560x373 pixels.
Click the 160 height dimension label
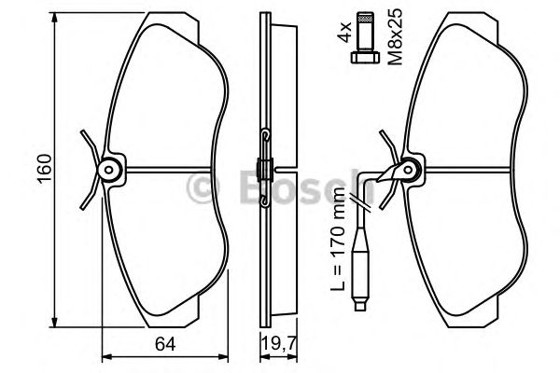(x=46, y=169)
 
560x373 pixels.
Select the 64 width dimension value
(x=165, y=345)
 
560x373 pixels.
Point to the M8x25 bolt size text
(x=396, y=36)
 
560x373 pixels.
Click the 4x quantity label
(x=345, y=32)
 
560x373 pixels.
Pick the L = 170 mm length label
(x=338, y=238)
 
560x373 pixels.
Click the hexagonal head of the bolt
(x=365, y=58)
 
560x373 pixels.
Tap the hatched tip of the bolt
(x=365, y=17)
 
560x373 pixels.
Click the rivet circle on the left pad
(x=109, y=170)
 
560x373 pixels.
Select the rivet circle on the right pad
(x=410, y=170)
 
